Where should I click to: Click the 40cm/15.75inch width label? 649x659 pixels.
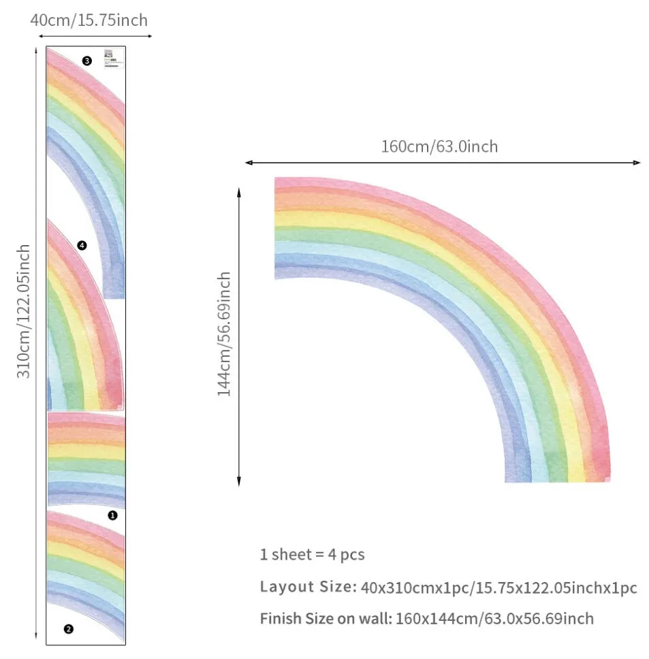(x=89, y=20)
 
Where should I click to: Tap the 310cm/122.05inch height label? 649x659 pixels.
(x=24, y=312)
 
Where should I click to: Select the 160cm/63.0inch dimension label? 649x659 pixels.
(x=439, y=146)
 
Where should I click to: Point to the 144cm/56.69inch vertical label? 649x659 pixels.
(x=224, y=334)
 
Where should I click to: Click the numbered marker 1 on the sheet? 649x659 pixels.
(x=112, y=515)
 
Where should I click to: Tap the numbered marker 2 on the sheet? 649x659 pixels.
(x=68, y=629)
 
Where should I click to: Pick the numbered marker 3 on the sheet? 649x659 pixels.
(x=86, y=61)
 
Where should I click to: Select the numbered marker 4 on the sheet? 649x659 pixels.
(x=82, y=245)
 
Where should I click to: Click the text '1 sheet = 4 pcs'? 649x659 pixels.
(x=312, y=554)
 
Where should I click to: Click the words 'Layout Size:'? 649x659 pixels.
(x=307, y=587)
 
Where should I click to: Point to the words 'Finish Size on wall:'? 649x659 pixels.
(x=324, y=619)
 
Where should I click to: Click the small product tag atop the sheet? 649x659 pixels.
(x=112, y=57)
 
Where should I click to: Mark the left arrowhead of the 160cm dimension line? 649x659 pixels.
(x=248, y=163)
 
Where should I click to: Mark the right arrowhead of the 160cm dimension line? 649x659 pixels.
(x=637, y=163)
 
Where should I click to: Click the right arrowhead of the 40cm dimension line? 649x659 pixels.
(x=149, y=36)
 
